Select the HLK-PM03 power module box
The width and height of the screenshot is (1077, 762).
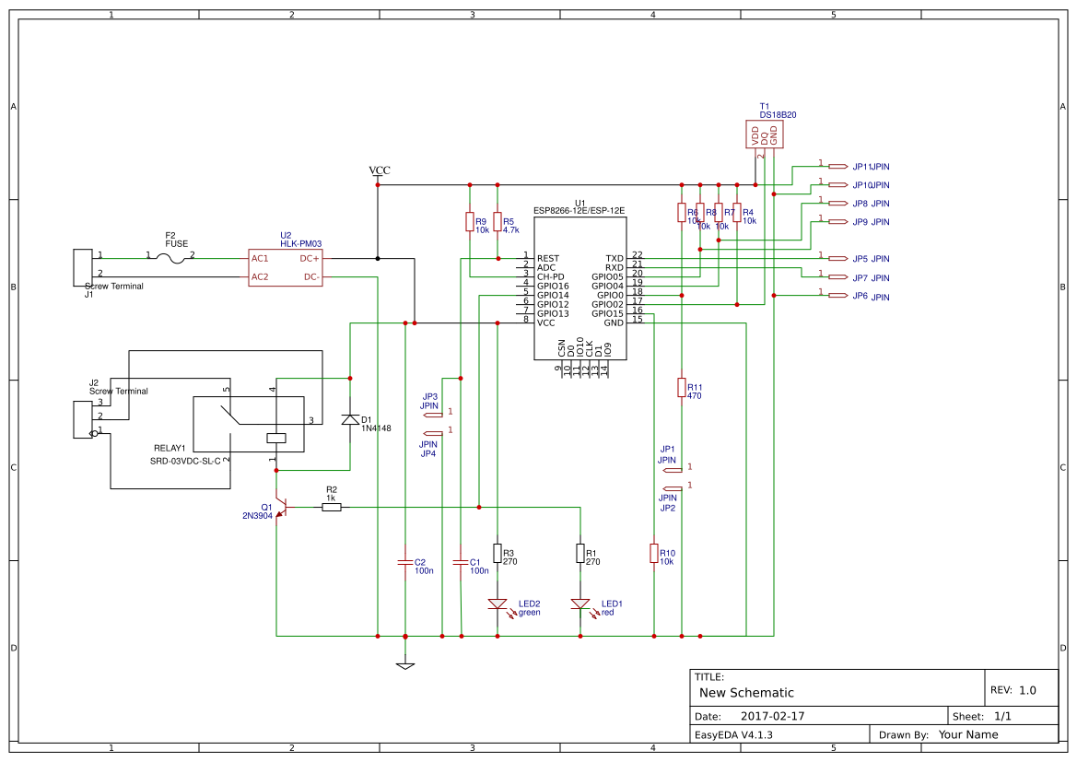click(286, 267)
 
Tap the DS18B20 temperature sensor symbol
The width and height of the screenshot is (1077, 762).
click(765, 135)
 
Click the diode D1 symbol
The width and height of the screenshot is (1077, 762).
click(350, 419)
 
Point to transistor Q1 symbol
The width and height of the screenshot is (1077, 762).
click(282, 507)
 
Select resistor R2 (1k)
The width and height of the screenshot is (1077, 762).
click(332, 507)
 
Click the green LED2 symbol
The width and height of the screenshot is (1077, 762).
click(498, 604)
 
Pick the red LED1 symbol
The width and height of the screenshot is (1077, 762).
click(580, 604)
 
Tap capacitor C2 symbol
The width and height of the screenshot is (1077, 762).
click(405, 561)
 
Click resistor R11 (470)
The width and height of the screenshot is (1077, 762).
click(682, 387)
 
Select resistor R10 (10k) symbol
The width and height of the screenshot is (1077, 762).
click(654, 553)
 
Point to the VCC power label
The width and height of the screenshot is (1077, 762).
click(379, 171)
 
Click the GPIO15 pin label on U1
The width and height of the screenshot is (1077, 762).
click(607, 313)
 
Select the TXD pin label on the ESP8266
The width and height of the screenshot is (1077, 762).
click(614, 259)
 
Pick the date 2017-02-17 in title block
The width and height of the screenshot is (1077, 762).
click(772, 716)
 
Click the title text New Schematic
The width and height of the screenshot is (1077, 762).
click(746, 693)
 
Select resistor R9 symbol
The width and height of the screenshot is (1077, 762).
click(470, 222)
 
